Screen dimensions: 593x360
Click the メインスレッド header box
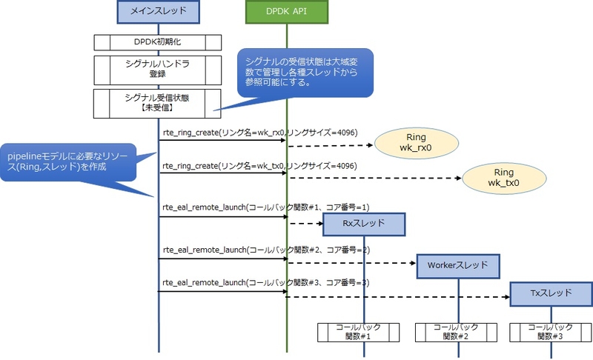click(158, 11)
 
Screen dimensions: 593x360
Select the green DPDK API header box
click(287, 11)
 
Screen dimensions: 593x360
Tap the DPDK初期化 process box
click(158, 42)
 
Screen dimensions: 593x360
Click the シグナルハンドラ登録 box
click(158, 70)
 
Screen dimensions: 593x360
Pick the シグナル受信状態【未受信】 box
click(157, 104)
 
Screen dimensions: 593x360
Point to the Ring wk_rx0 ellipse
click(417, 143)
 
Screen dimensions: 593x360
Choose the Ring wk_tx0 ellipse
click(504, 178)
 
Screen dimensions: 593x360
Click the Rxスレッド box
click(364, 224)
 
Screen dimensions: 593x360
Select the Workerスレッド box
click(458, 267)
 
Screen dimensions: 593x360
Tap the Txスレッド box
click(551, 293)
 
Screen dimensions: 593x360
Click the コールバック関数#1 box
click(358, 333)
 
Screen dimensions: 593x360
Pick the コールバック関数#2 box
click(456, 333)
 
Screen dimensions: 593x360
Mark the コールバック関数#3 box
click(551, 333)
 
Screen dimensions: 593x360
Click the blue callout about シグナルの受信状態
click(305, 73)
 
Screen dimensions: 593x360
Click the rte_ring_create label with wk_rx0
click(260, 133)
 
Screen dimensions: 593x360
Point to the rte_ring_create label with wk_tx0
click(260, 166)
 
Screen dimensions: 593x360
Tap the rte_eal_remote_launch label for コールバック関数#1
click(266, 207)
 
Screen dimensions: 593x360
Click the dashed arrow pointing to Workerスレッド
click(351, 263)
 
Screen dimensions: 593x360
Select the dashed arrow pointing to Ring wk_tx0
click(375, 178)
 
